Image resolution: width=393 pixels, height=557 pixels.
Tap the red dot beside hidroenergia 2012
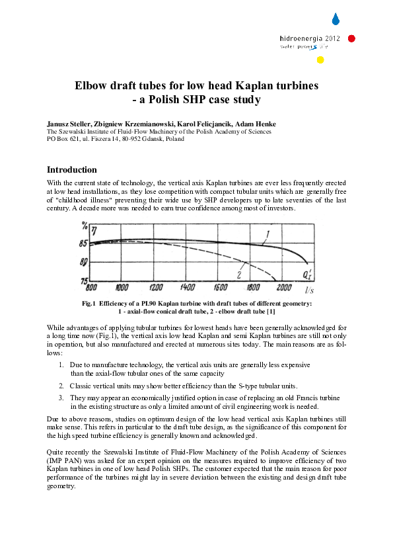(351, 38)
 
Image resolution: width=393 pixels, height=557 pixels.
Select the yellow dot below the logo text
(320, 60)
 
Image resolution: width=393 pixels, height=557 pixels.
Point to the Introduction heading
(71, 170)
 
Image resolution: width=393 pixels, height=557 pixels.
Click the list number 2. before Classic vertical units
(61, 385)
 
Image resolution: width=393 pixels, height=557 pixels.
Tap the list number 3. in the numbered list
(61, 398)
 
